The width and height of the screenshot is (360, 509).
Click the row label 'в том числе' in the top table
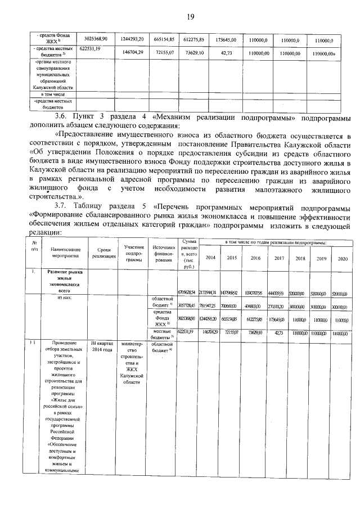[x=49, y=94]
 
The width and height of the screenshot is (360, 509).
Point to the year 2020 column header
[x=339, y=258]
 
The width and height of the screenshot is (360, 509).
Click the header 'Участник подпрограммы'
[x=134, y=253]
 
